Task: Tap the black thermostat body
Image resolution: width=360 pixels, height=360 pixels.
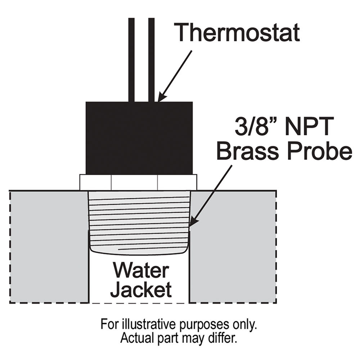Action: point(139,138)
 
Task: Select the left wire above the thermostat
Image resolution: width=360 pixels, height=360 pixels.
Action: point(131,60)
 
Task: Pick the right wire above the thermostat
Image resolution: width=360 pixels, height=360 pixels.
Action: point(152,60)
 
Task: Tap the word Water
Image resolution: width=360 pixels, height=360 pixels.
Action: point(141,271)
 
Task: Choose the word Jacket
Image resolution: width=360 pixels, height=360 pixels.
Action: point(141,290)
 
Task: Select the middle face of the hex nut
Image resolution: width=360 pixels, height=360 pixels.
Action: point(134,183)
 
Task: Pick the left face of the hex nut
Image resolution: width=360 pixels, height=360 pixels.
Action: point(95,183)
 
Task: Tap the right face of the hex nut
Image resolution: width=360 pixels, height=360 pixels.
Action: point(177,183)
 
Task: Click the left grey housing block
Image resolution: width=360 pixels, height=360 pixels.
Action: point(49,247)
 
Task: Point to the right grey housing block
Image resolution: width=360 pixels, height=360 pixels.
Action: point(233,247)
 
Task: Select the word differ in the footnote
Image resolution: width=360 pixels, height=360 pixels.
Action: point(224,338)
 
